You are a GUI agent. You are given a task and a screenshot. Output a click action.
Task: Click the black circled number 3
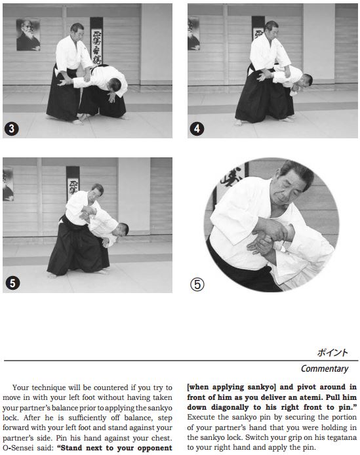click(x=12, y=129)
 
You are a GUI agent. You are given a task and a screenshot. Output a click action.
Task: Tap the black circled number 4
click(x=197, y=129)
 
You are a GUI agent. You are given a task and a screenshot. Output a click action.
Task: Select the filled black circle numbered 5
click(x=12, y=283)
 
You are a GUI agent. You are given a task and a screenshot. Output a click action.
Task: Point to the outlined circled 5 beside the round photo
click(x=197, y=285)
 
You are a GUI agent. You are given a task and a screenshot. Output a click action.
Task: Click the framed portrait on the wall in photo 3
click(x=28, y=35)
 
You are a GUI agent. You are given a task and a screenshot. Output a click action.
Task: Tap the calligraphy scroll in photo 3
click(x=96, y=41)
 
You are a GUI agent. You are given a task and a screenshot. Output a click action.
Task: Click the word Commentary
click(x=325, y=368)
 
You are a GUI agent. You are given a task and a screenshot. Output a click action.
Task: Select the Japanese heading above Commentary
click(x=332, y=353)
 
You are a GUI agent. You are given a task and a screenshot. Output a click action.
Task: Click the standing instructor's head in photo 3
click(x=77, y=31)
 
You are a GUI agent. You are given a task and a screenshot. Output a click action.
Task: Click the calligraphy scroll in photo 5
click(x=73, y=182)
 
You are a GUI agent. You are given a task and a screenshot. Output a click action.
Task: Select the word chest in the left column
click(x=163, y=438)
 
